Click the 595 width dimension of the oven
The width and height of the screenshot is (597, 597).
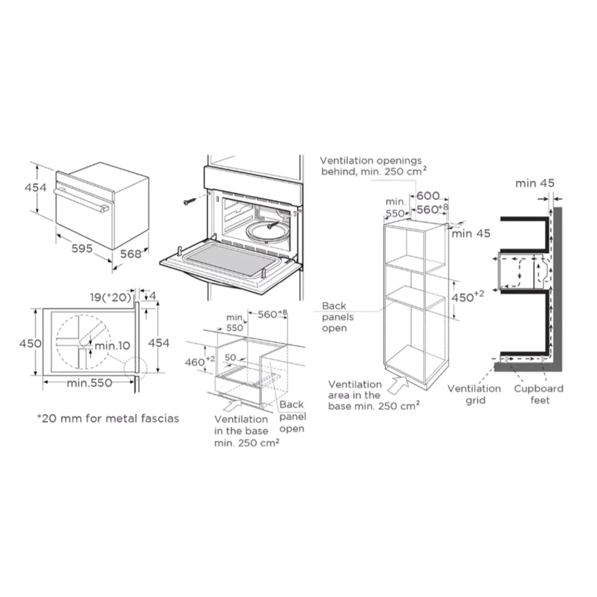coord(82,248)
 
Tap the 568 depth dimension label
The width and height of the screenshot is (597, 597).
coord(130,254)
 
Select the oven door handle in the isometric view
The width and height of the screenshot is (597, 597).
coord(82,200)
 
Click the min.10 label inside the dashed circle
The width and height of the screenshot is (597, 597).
coord(112,346)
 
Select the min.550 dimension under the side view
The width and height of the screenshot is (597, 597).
coord(90,383)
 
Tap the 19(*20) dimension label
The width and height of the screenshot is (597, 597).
coord(110,298)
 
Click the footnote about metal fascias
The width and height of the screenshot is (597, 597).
coord(108,418)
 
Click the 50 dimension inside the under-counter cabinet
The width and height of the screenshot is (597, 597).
coord(230,357)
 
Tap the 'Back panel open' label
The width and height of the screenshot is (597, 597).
coord(293,416)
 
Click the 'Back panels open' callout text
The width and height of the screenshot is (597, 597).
coord(338,317)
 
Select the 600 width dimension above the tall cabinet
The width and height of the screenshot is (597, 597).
coord(428,196)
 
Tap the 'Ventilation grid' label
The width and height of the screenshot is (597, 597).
coord(474,395)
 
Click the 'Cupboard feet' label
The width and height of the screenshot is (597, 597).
coord(539,395)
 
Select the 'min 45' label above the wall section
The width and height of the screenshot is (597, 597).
coord(535,184)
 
